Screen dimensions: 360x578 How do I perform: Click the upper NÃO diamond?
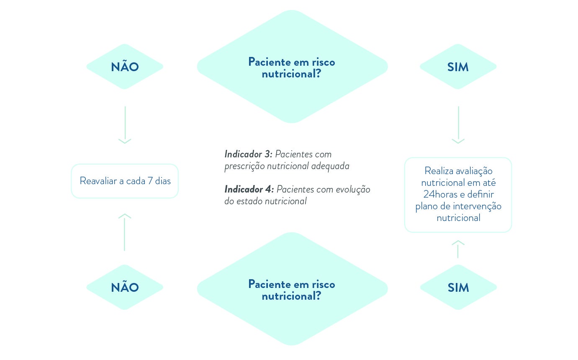125,67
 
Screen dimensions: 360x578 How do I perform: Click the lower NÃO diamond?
125,288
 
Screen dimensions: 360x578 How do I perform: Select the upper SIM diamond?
458,67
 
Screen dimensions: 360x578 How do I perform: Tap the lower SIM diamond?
458,288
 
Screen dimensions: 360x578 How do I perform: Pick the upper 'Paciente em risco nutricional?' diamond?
292,67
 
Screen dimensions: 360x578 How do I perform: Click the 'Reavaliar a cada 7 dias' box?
125,181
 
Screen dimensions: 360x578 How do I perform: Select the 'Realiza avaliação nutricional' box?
458,195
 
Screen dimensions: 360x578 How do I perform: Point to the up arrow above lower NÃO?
125,232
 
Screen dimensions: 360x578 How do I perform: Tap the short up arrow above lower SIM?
458,249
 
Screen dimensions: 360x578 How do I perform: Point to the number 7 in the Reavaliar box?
150,181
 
